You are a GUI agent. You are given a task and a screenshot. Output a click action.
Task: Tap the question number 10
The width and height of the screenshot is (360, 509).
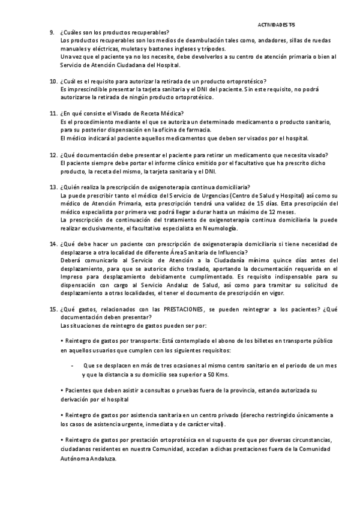[x=53, y=81]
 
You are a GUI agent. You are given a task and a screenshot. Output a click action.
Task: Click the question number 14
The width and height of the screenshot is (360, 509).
[x=53, y=245]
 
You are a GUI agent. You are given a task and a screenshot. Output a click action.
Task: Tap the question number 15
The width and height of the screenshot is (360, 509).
[x=53, y=309]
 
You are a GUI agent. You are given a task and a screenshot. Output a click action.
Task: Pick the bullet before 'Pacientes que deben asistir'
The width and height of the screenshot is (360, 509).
[x=62, y=390]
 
